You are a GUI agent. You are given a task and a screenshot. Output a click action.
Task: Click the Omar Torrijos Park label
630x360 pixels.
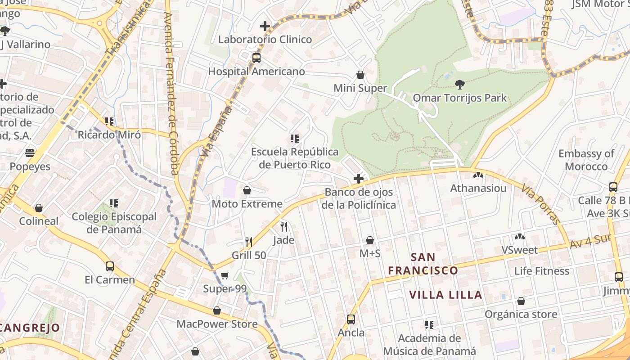(459, 98)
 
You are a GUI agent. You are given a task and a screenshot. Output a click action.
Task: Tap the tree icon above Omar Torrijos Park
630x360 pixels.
(459, 84)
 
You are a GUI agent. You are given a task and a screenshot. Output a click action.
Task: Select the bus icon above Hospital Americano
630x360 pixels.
(256, 58)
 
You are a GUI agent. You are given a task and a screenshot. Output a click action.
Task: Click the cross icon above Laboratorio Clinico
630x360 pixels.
(265, 26)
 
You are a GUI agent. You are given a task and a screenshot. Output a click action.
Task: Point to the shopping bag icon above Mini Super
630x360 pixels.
(360, 75)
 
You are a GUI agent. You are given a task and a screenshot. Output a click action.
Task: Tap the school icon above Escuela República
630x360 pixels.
(295, 138)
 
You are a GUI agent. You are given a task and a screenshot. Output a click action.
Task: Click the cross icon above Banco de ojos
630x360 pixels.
(359, 179)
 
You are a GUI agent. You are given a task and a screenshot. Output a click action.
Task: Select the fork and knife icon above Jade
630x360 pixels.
(284, 226)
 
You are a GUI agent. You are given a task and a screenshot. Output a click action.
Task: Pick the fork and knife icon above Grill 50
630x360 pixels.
(248, 242)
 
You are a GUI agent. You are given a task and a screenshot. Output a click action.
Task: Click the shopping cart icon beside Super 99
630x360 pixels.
(225, 275)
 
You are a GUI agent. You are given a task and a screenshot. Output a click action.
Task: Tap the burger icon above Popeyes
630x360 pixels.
(30, 153)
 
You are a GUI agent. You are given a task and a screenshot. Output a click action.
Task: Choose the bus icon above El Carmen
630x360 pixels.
(109, 266)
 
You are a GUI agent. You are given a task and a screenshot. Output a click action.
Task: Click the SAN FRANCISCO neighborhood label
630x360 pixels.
(423, 264)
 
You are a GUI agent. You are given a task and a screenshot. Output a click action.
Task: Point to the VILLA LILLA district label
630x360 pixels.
(445, 295)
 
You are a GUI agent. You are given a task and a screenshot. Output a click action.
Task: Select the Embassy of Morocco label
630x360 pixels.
(586, 160)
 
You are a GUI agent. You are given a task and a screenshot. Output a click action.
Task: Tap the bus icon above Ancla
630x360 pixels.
(351, 319)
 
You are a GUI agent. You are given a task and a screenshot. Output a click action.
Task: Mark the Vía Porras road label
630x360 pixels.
(541, 204)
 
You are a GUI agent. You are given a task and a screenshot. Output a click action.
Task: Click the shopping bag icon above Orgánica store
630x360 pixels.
(521, 301)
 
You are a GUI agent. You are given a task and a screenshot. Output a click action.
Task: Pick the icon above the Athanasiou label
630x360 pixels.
(478, 175)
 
